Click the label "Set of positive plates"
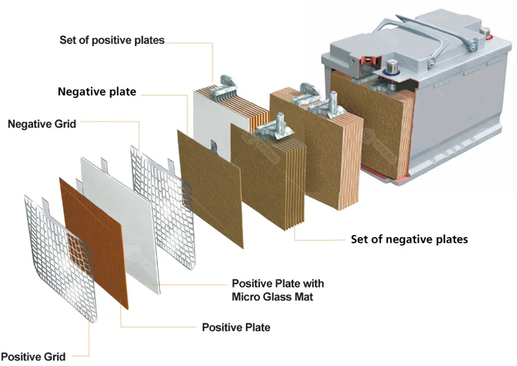click(112, 40)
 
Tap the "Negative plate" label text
click(97, 92)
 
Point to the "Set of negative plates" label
click(409, 239)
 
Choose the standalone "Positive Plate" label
click(236, 327)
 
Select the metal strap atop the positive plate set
click(227, 85)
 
